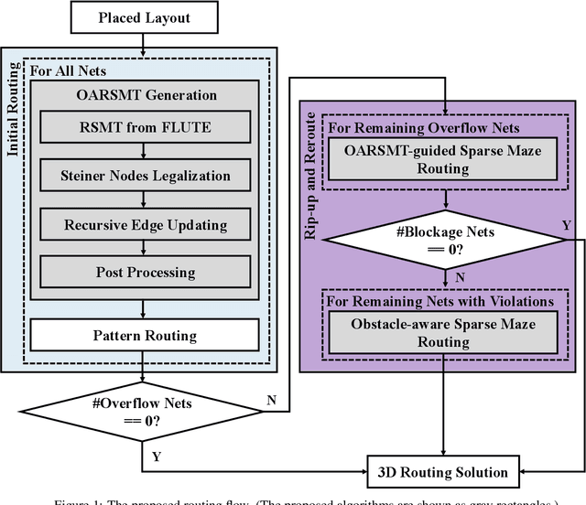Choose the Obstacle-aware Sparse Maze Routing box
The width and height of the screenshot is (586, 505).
(443, 333)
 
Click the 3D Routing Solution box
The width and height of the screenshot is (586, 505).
(443, 472)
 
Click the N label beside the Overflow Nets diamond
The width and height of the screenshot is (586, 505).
(272, 398)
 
